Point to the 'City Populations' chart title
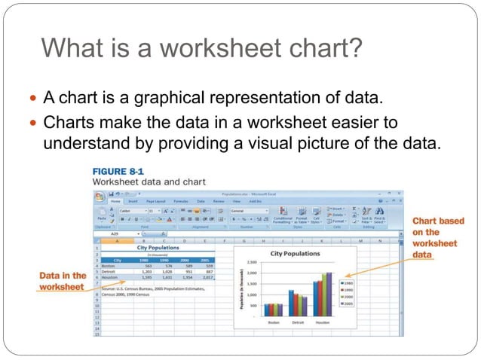[296, 254]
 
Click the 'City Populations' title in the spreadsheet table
[158, 246]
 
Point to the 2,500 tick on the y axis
[252, 262]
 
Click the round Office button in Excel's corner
[99, 197]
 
